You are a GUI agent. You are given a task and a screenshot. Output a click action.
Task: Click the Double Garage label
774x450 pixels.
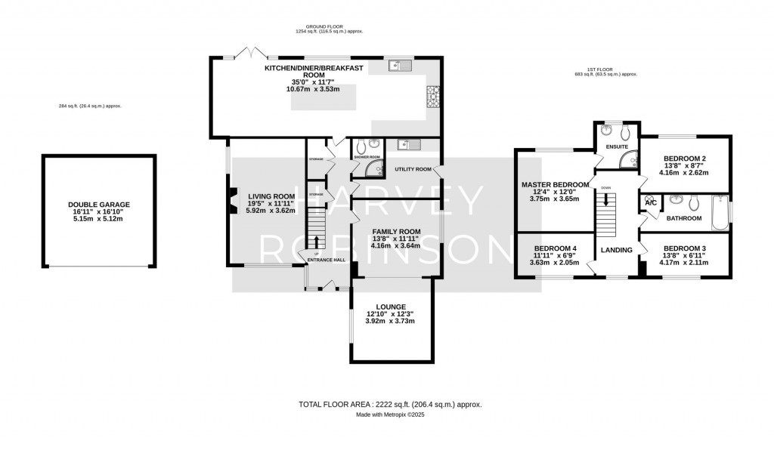tap(99, 205)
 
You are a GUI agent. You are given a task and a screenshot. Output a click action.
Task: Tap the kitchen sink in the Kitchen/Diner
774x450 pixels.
tap(398, 66)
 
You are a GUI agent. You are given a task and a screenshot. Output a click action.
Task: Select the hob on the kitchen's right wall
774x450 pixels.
tap(435, 96)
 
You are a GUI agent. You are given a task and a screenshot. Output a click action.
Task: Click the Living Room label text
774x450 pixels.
tap(271, 196)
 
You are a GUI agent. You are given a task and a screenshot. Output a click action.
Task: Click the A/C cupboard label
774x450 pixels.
tap(649, 202)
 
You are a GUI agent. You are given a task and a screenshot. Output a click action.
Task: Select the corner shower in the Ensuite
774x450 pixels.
tap(627, 159)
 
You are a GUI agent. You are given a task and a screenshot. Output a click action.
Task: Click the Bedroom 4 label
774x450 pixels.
tap(555, 248)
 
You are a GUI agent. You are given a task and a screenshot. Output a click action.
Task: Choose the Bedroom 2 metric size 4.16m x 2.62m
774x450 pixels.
tap(685, 172)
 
